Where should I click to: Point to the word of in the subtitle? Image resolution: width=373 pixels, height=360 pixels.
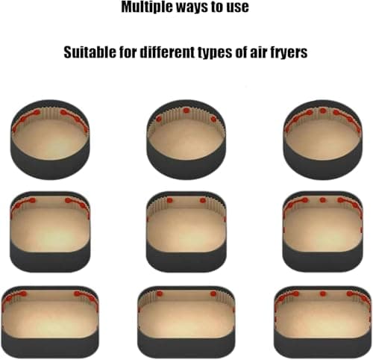point(250,53)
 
